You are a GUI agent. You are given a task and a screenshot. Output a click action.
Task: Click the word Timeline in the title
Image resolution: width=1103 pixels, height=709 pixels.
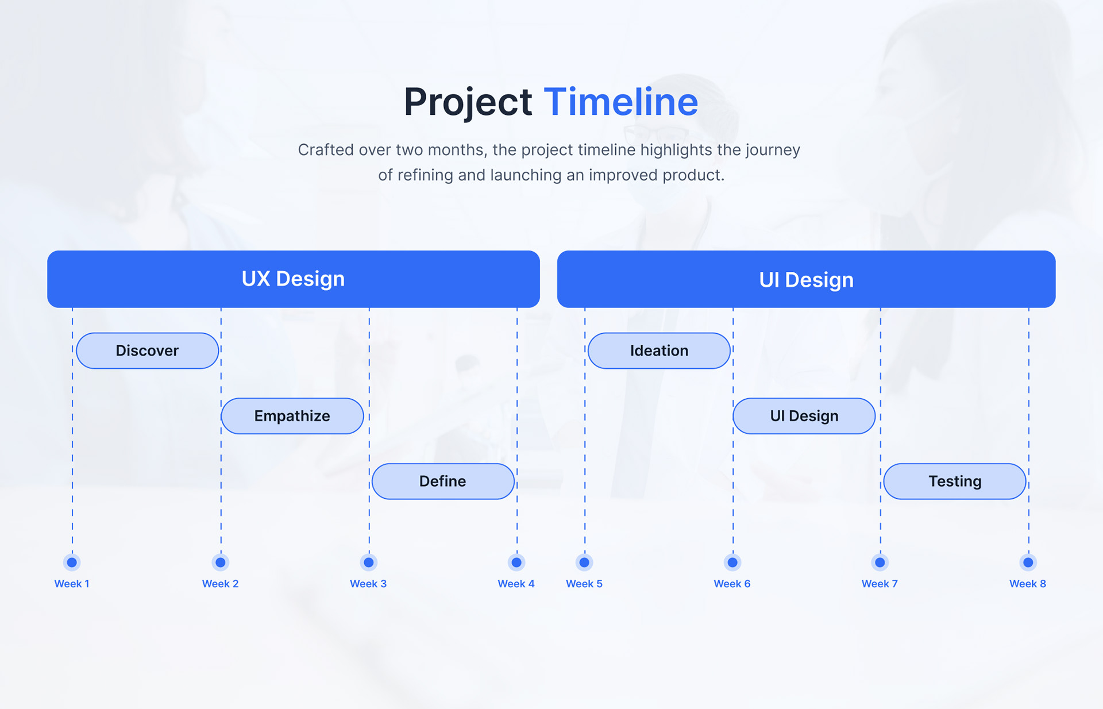coord(620,102)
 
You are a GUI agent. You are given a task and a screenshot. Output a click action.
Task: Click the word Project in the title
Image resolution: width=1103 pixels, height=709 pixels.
coord(468,102)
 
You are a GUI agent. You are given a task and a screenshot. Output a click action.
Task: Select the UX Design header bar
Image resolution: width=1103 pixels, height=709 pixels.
coord(293,279)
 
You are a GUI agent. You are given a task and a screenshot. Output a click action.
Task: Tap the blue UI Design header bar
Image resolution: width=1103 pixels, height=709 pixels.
coord(806,279)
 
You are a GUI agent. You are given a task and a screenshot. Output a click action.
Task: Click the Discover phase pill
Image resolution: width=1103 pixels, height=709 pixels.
coord(147,350)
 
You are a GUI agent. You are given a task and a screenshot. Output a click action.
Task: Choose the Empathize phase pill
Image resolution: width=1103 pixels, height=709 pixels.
coord(292,416)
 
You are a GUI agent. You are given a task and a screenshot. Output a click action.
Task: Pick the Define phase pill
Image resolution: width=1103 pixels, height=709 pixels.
coord(442,481)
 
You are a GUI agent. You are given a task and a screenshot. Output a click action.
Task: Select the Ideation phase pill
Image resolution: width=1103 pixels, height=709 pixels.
coord(659,350)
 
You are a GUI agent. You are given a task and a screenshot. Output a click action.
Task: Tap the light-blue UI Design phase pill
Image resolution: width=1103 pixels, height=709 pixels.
coord(804,416)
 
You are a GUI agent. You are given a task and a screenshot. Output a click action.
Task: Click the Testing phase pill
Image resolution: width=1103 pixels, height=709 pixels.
coord(954,481)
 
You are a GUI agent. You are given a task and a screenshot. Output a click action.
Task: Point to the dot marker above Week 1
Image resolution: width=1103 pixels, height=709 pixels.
coord(72,562)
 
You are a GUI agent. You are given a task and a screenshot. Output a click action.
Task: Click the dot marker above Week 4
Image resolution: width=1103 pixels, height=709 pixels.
coord(516,562)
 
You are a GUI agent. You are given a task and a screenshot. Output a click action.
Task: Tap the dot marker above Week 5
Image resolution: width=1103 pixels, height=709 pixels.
coord(584,562)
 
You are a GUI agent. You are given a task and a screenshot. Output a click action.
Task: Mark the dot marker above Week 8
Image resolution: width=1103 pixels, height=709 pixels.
coord(1028,562)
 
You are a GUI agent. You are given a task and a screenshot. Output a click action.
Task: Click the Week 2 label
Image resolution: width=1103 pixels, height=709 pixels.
coord(220,584)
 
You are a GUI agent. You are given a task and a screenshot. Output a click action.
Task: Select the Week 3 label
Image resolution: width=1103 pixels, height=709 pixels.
coord(368,584)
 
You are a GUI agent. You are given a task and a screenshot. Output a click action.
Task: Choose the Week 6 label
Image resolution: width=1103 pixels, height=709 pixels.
coord(732,584)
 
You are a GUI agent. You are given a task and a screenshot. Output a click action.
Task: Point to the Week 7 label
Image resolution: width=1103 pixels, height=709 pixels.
coord(880,584)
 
